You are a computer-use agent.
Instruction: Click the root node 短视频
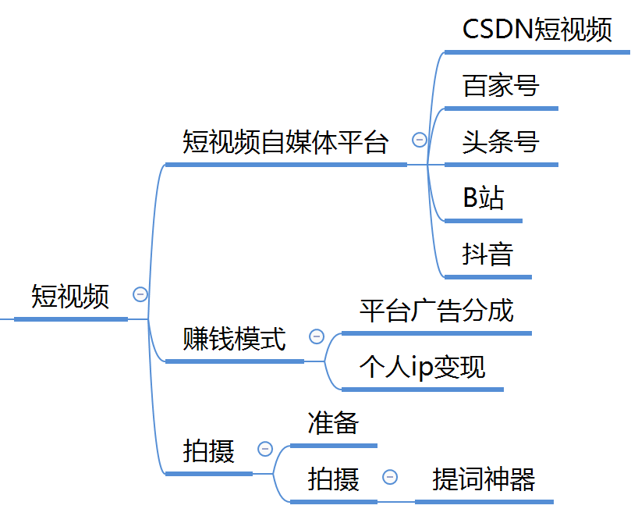click(x=70, y=297)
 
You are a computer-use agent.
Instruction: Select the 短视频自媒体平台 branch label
click(x=285, y=143)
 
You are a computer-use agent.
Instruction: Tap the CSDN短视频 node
click(x=537, y=30)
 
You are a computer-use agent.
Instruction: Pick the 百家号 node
click(x=501, y=86)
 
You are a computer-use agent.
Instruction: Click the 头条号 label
click(x=501, y=143)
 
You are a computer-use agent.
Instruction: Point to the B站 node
click(x=484, y=198)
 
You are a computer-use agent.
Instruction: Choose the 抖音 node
click(x=487, y=254)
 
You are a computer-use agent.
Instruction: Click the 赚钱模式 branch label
click(x=234, y=340)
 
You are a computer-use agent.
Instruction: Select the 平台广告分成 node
click(x=436, y=311)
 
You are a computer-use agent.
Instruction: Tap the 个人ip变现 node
click(x=422, y=367)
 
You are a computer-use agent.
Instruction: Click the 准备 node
click(x=333, y=423)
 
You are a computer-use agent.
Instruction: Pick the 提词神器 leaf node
click(x=484, y=479)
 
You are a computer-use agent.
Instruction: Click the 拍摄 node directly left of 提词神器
click(x=334, y=479)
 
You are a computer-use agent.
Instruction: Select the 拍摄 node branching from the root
click(x=209, y=451)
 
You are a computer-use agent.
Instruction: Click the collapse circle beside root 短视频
click(x=140, y=294)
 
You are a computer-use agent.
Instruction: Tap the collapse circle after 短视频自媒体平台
click(x=420, y=141)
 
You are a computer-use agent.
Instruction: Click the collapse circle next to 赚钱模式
click(x=317, y=336)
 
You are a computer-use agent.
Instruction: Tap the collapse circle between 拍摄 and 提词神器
click(x=390, y=476)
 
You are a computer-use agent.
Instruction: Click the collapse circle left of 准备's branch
click(x=265, y=449)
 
